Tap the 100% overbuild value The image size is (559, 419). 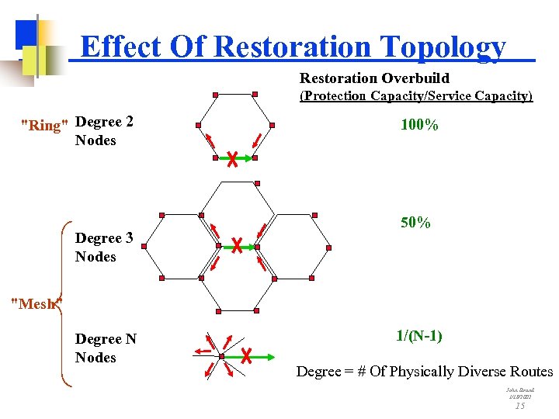pyautogui.click(x=419, y=125)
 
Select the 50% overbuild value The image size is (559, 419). pyautogui.click(x=415, y=223)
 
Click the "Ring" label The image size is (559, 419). pyautogui.click(x=43, y=125)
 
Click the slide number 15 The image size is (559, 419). pyautogui.click(x=520, y=405)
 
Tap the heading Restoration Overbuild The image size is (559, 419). pyautogui.click(x=374, y=78)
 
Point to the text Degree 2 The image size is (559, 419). pyautogui.click(x=105, y=122)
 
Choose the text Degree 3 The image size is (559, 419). pyautogui.click(x=105, y=238)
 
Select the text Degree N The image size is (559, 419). pyautogui.click(x=106, y=339)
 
